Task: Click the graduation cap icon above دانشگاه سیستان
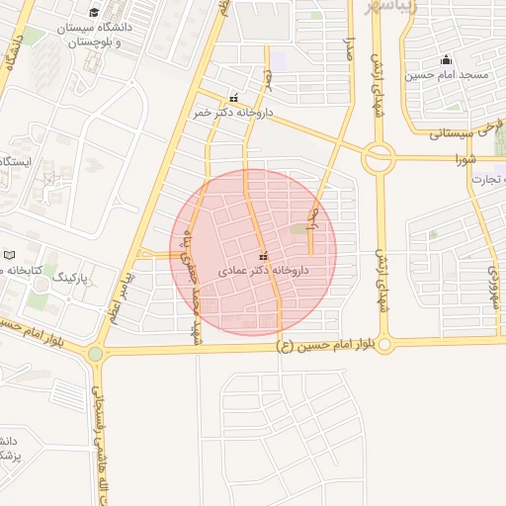(94, 13)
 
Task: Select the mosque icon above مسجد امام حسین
(446, 58)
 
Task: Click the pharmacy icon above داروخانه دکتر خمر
(234, 98)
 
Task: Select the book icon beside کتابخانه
(10, 255)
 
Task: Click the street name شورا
(464, 158)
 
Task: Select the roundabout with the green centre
(95, 353)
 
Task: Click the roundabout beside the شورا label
(378, 158)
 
